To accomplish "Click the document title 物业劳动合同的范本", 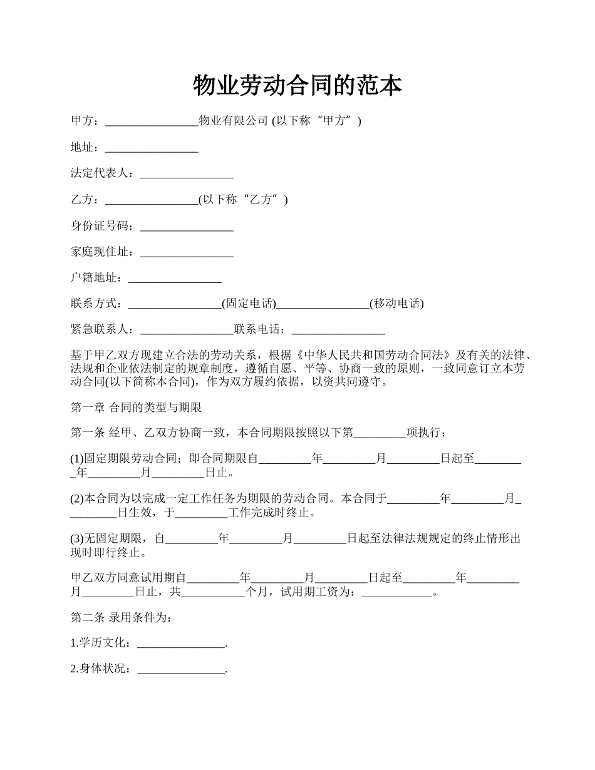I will pos(297,86).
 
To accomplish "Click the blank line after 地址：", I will pos(152,148).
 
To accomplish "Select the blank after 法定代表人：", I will pos(187,175).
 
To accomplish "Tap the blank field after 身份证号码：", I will pos(187,227).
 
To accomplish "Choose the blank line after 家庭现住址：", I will pos(187,253).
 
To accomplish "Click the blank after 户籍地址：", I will pos(175,279).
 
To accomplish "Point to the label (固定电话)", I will pos(249,304).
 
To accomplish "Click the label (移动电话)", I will pos(396,304).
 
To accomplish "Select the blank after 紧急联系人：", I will pos(187,330).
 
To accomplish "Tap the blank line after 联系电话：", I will pos(338,330).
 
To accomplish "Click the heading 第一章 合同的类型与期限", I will pos(136,408).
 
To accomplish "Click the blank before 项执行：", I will pos(380,433).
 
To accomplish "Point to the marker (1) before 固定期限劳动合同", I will pos(77,459).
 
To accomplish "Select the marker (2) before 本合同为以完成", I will pos(77,499).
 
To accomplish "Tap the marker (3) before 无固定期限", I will pos(77,539).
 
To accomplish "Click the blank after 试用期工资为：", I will pos(397,592).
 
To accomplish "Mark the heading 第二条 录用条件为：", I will pos(120,618).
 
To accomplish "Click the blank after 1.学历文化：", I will pos(180,644).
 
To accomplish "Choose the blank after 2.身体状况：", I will pos(180,670).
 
